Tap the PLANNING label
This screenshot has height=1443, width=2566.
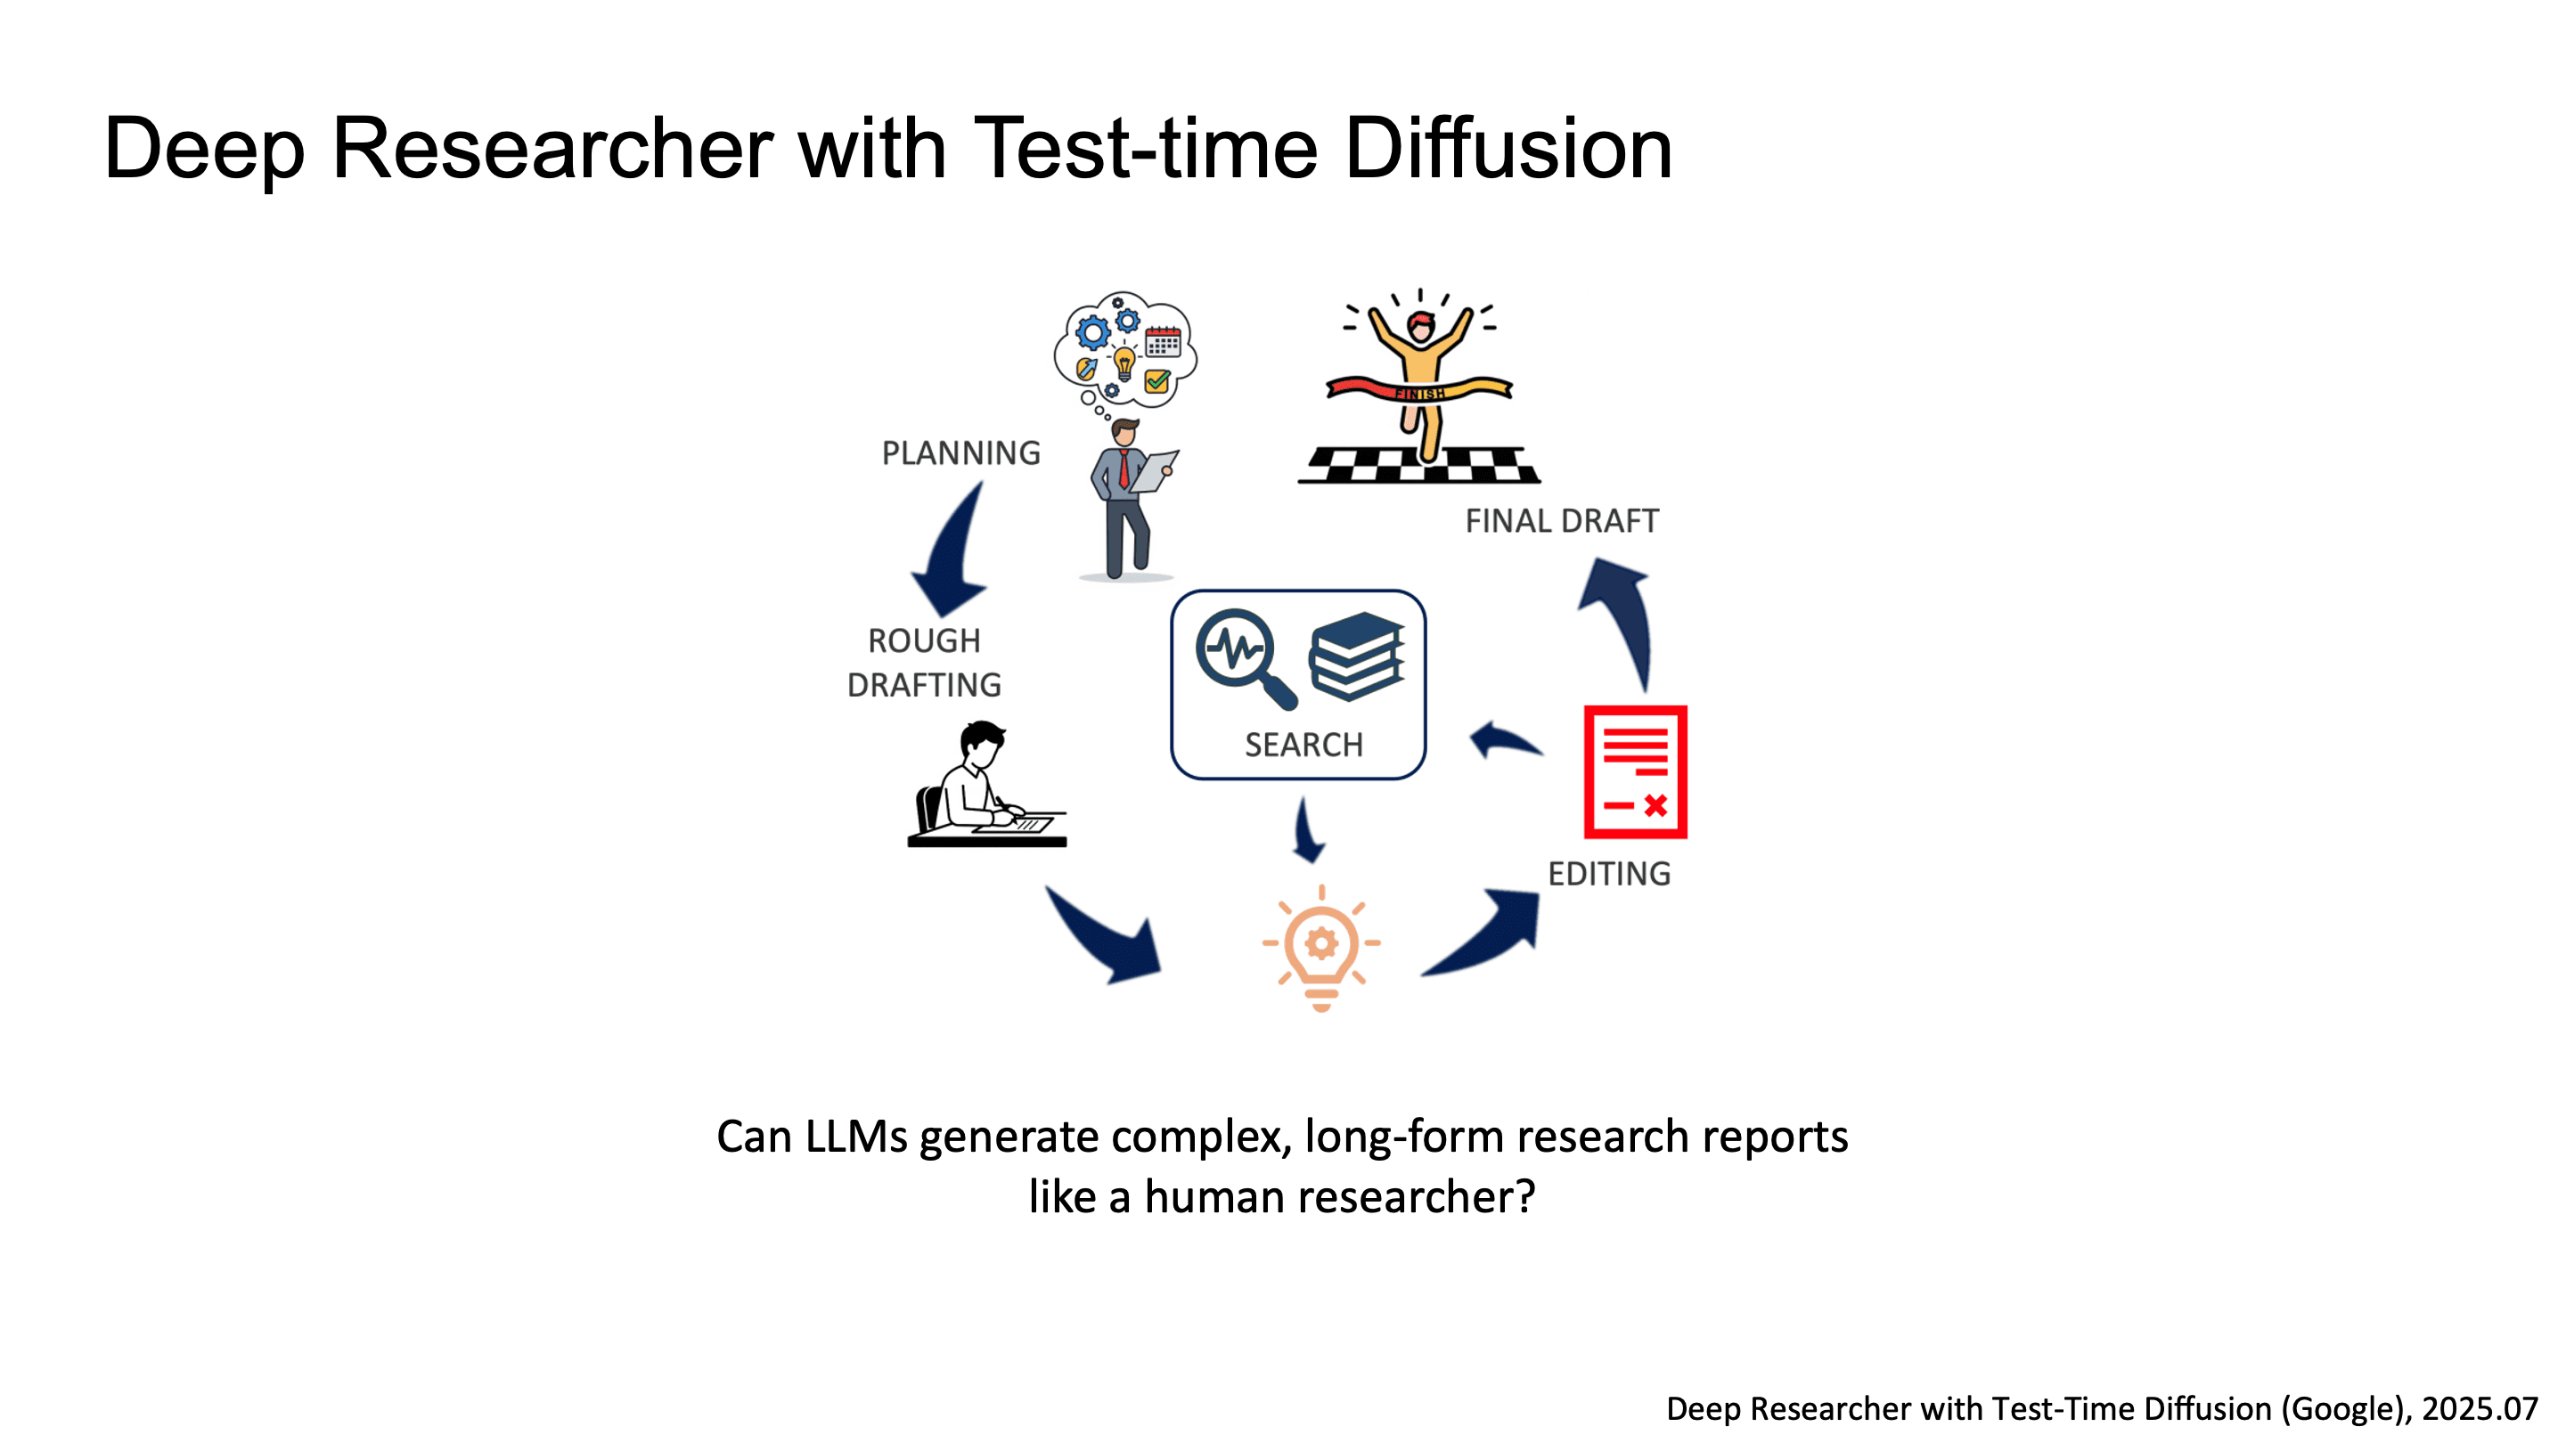[x=960, y=453]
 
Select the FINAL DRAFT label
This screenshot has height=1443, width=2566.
[x=1561, y=521]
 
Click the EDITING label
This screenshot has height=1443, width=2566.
[x=1609, y=873]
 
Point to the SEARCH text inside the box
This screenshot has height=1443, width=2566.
[x=1303, y=744]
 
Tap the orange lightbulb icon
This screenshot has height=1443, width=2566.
[x=1320, y=947]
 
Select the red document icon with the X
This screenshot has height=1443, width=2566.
[x=1635, y=771]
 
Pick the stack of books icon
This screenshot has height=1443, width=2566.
[x=1357, y=655]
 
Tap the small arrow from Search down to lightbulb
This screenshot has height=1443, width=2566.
[x=1308, y=832]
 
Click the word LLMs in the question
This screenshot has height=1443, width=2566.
[x=855, y=1137]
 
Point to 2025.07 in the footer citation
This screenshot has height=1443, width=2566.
[x=2480, y=1408]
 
